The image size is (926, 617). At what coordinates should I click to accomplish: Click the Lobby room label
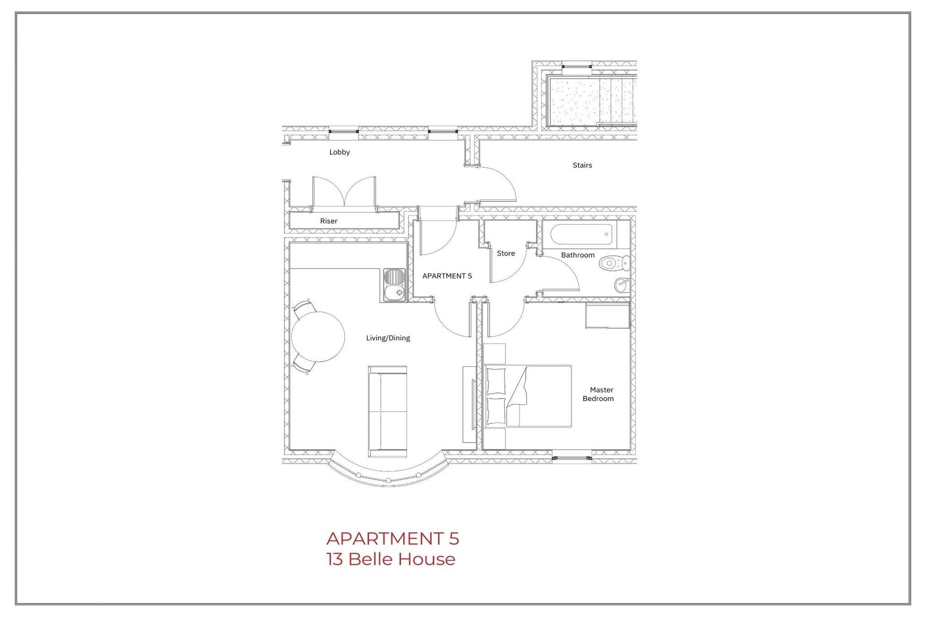[340, 152]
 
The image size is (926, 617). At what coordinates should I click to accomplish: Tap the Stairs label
[582, 165]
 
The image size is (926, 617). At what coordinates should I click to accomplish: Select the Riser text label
[329, 221]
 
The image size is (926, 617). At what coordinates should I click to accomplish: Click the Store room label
[506, 254]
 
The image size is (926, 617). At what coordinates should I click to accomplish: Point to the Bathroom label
[578, 255]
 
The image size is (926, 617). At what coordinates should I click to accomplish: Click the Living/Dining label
[388, 338]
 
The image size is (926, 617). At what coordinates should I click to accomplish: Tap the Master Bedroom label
[598, 394]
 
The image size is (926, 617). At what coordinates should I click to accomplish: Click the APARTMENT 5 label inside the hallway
[447, 276]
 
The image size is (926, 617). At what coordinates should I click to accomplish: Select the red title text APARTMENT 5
[392, 539]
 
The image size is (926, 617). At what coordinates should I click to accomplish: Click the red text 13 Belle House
[391, 560]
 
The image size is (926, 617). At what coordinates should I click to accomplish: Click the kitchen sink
[395, 285]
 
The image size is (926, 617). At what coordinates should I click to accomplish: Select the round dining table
[318, 337]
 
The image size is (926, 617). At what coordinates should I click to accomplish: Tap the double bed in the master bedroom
[527, 396]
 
